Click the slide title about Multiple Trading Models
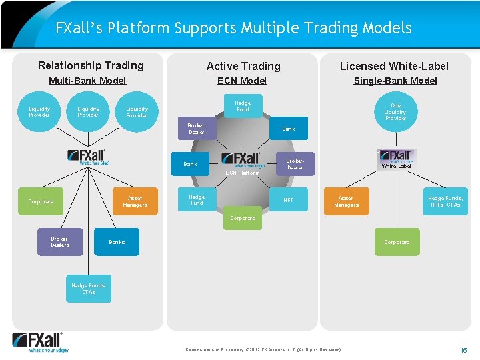233,28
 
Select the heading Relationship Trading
91,65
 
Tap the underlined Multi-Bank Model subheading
87,81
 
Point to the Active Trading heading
243,66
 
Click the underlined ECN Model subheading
242,81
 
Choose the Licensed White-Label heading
394,66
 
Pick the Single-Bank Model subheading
395,81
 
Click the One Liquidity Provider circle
395,111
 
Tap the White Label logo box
396,159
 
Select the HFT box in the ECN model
289,200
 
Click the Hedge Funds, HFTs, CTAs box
445,201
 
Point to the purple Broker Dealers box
59,242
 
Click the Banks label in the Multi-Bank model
117,242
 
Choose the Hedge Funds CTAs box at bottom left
89,289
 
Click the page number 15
463,350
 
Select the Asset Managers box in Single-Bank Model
345,201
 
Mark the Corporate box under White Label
397,242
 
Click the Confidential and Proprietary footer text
262,350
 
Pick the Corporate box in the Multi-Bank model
41,201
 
